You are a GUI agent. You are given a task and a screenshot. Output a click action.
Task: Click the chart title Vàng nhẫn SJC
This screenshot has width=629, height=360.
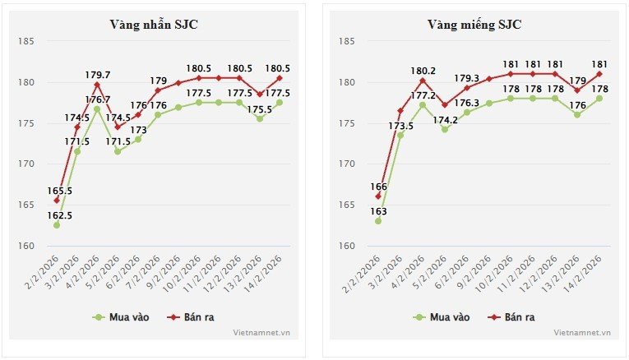[154, 25]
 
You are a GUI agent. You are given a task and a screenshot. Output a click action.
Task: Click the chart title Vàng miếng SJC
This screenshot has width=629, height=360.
[474, 25]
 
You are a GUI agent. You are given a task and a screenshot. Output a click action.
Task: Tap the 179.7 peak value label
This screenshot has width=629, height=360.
[97, 75]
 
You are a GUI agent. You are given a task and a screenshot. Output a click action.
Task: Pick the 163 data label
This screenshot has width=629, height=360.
[378, 211]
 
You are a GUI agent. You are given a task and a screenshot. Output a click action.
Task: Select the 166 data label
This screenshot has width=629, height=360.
[378, 187]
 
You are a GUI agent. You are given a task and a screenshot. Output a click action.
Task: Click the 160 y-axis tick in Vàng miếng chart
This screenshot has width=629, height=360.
[346, 247]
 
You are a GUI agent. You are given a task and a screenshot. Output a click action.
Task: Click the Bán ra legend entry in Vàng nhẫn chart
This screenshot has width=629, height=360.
[191, 316]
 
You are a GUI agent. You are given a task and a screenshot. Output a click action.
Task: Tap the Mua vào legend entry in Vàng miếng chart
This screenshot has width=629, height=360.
[444, 316]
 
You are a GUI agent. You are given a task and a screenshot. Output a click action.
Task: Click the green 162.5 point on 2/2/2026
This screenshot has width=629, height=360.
[57, 225]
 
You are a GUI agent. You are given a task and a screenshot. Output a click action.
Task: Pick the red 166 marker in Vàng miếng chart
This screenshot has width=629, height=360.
[378, 196]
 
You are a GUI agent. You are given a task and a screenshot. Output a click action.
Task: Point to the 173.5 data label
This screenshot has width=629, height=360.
[400, 126]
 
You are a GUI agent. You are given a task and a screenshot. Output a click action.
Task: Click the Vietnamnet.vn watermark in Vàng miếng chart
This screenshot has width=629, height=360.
[582, 333]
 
